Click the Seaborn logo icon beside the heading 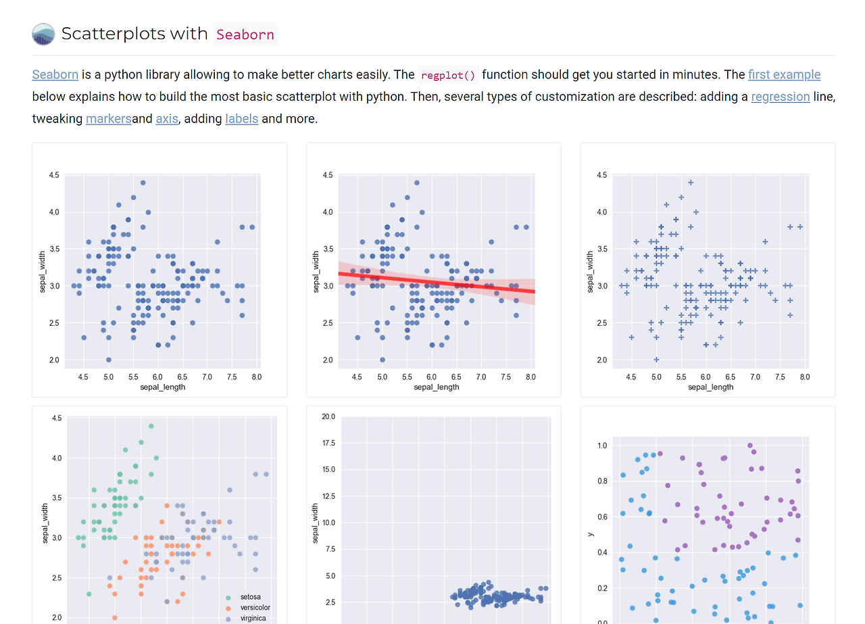43,34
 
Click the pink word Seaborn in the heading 245,34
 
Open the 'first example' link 784,74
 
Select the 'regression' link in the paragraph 780,96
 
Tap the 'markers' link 108,118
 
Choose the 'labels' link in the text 241,118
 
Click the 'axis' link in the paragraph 166,118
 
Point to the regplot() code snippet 448,75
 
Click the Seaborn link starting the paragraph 55,74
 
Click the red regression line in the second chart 437,282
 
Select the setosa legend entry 250,598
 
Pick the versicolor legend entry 254,608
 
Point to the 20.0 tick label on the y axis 328,416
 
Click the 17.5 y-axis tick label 328,443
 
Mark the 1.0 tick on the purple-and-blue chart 601,446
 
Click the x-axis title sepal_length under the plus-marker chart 710,387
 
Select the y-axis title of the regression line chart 316,272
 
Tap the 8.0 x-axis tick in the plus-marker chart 804,377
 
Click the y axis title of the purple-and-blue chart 590,533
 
